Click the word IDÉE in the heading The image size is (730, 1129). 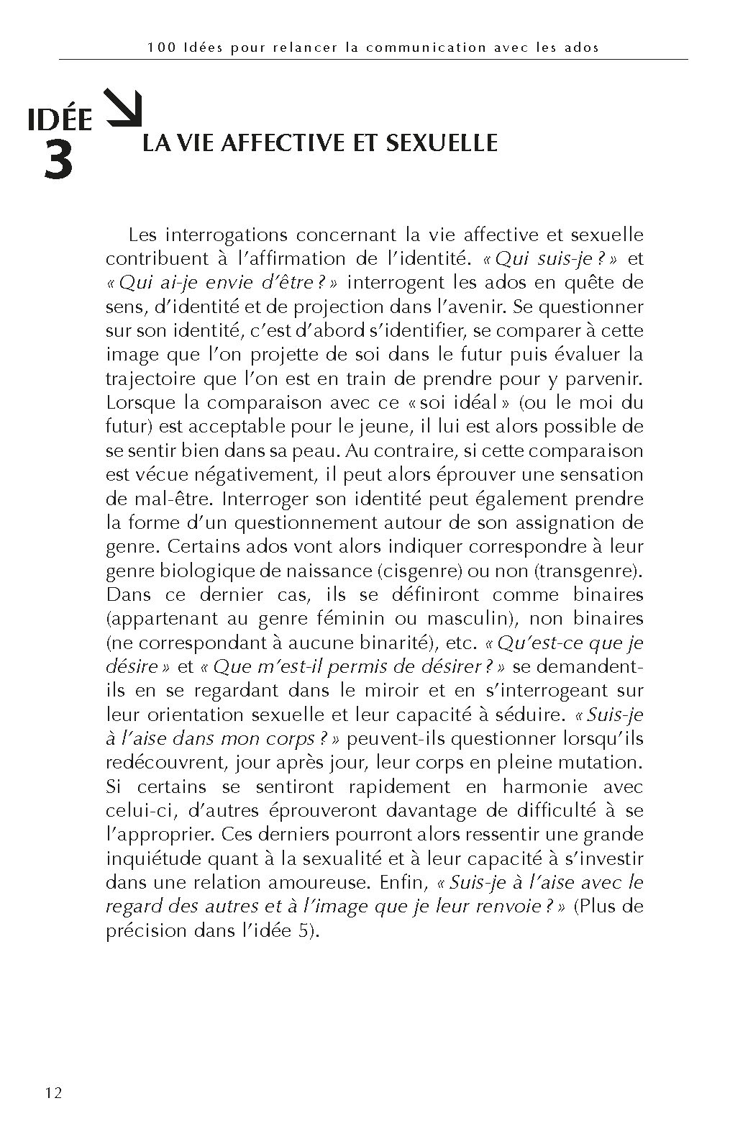coord(60,119)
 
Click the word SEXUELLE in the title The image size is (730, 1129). coord(441,142)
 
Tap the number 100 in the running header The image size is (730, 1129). coord(158,47)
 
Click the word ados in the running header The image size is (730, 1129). coord(583,47)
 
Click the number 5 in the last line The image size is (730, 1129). coord(306,930)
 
